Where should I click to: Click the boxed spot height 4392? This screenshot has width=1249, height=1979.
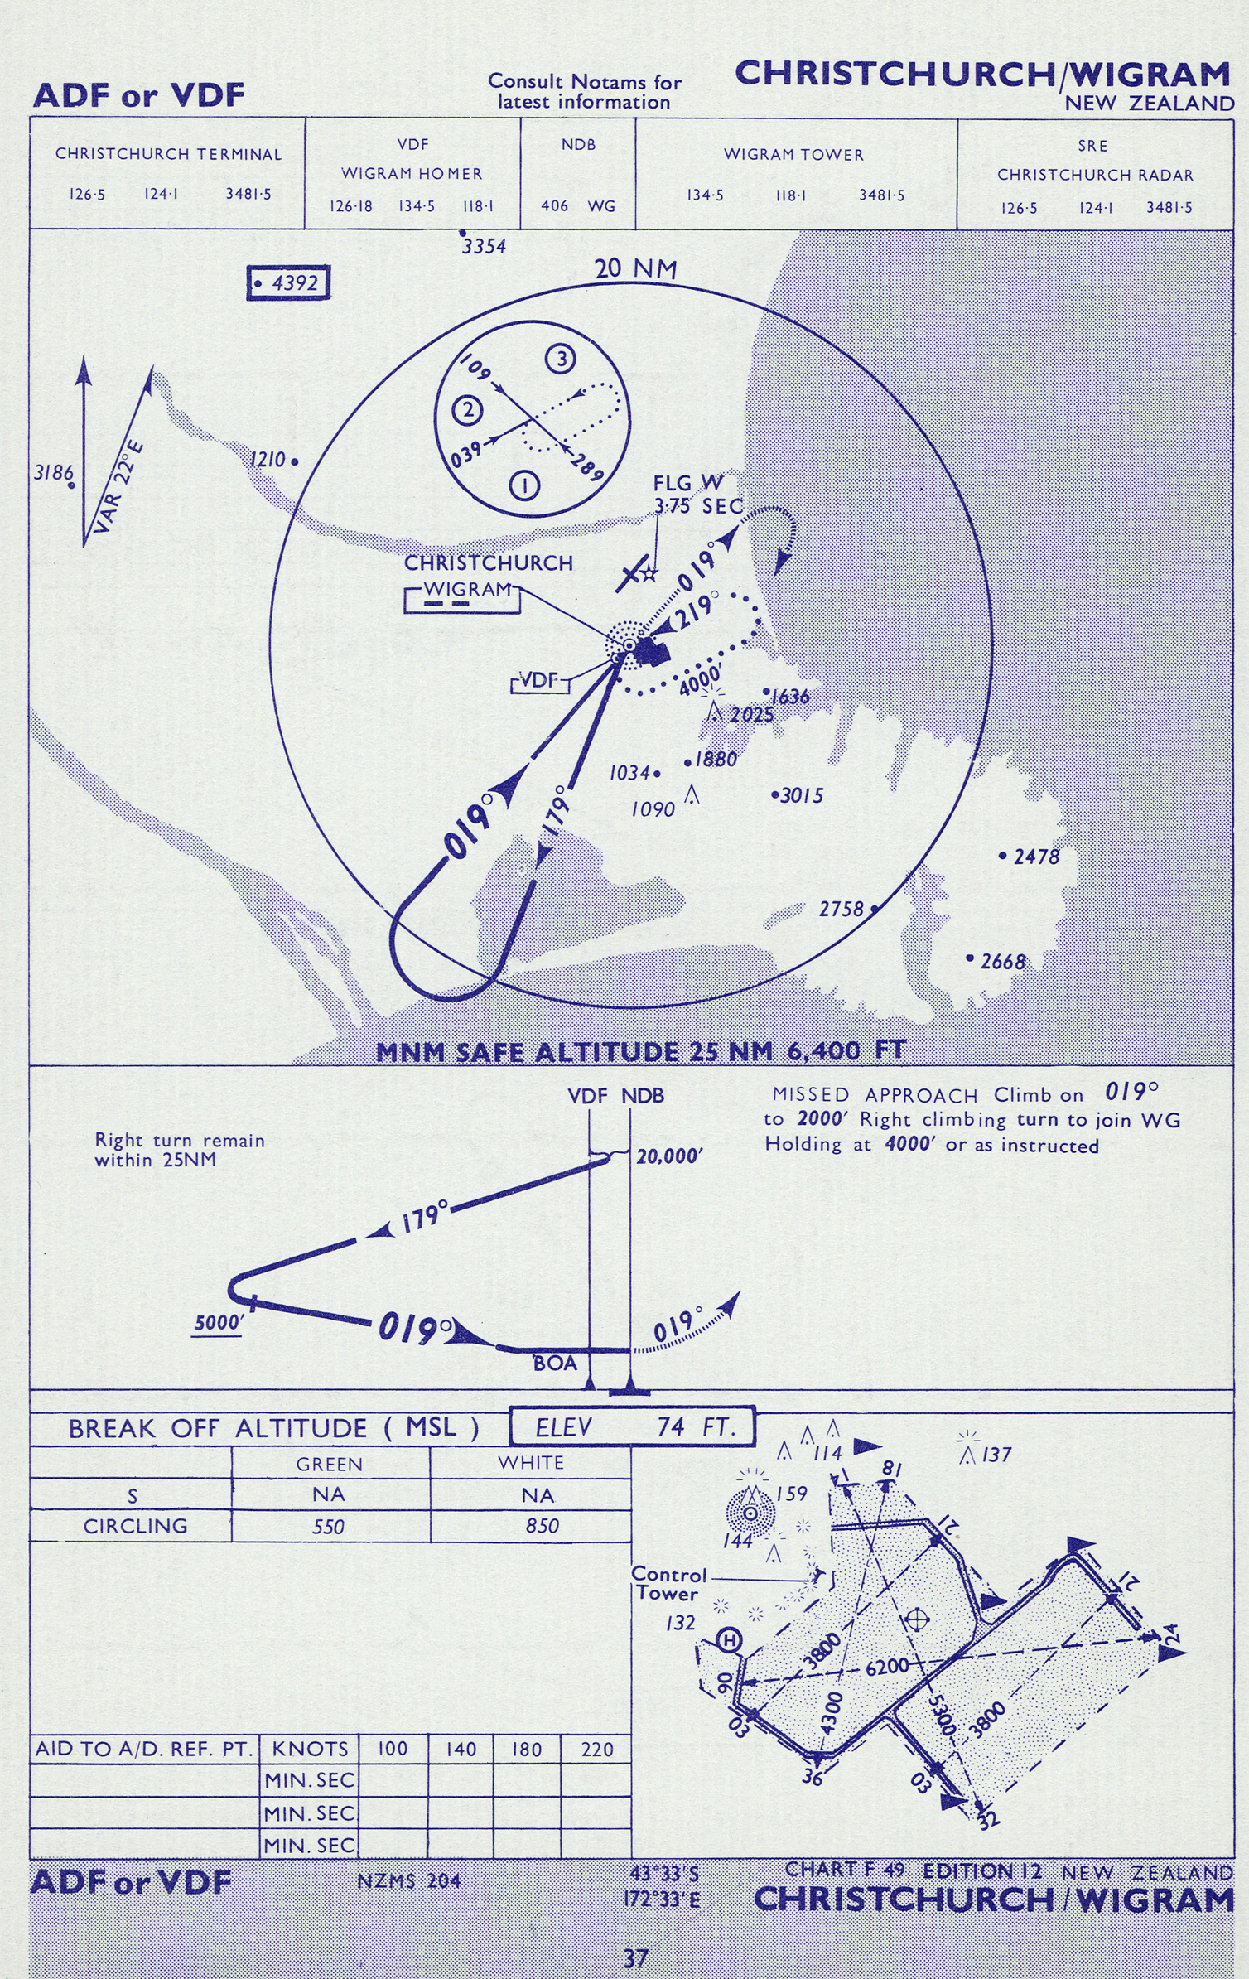(x=289, y=283)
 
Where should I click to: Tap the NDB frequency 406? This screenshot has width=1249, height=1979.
(x=554, y=205)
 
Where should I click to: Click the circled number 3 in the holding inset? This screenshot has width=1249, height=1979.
(x=561, y=360)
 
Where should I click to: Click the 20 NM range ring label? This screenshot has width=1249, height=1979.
(x=635, y=269)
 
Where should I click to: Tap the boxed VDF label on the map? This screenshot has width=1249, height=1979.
(x=540, y=681)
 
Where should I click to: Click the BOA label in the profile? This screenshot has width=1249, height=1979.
(x=554, y=1363)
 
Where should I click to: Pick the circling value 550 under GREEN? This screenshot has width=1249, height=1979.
(x=328, y=1527)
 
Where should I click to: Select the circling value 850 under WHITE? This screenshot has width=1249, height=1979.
(x=542, y=1526)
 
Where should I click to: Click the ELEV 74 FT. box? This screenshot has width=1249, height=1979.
(x=633, y=1427)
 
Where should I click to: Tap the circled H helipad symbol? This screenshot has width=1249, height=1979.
(x=729, y=1639)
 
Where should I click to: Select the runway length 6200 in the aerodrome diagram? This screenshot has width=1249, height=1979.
(x=886, y=1666)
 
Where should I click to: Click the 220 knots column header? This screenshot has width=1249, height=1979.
(x=596, y=1750)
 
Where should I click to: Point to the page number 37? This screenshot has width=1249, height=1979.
(x=635, y=1958)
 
